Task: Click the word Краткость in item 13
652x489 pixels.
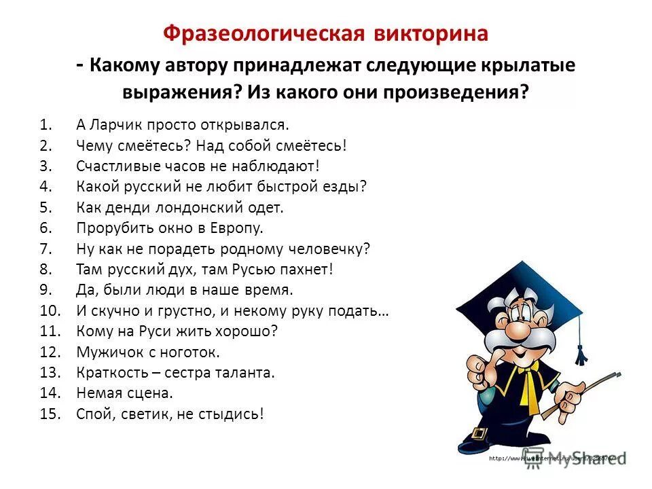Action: click(111, 372)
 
